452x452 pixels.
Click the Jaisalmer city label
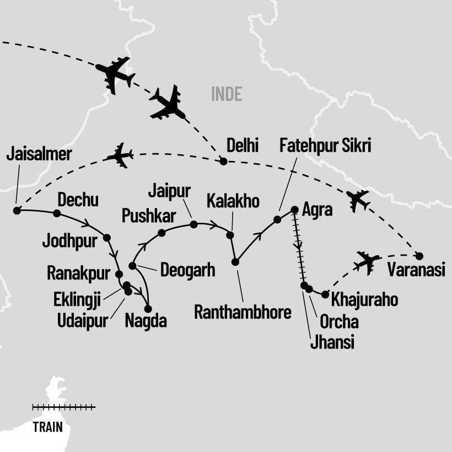tap(39, 154)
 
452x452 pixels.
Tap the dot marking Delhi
tap(223, 161)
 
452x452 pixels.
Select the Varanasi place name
tap(415, 271)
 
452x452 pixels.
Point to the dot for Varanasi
tap(419, 256)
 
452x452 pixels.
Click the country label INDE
tap(227, 94)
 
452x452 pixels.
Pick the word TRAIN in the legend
tap(47, 427)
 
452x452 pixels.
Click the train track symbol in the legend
tap(63, 407)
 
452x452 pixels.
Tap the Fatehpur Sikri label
tap(325, 147)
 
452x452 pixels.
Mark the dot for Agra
tap(294, 209)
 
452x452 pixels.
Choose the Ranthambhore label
tap(243, 313)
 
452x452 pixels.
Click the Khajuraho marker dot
tap(325, 294)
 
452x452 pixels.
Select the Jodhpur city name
tap(69, 240)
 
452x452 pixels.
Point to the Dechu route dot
tap(56, 213)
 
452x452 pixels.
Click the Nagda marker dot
tap(147, 309)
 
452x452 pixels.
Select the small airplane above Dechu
tap(120, 156)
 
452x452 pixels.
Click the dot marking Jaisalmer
tap(17, 211)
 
